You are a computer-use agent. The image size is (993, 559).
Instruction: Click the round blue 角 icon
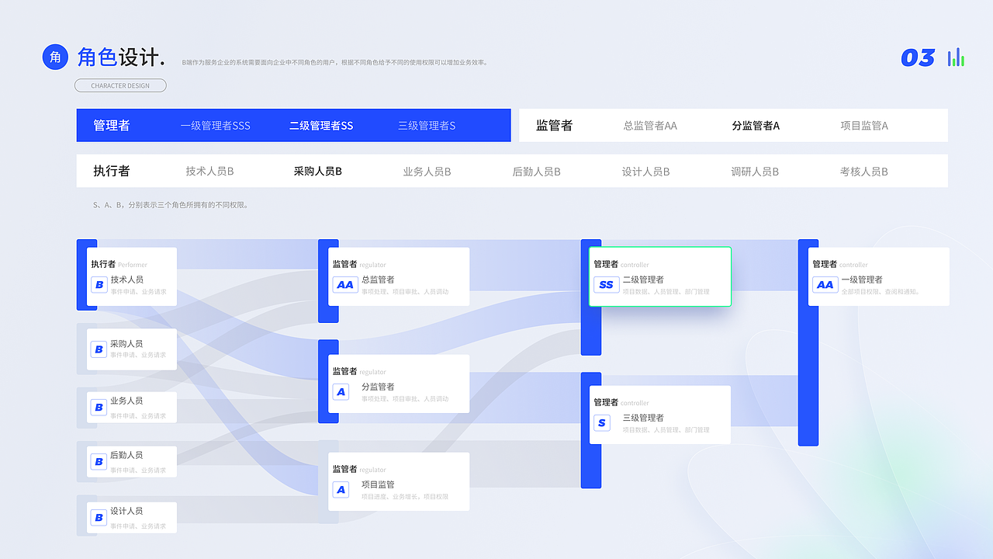point(55,57)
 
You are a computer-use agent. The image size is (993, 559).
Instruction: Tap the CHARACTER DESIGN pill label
point(120,85)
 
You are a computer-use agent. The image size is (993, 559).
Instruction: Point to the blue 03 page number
point(918,58)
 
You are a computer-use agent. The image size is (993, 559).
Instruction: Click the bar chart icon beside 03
point(956,57)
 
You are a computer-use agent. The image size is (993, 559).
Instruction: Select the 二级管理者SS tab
point(321,126)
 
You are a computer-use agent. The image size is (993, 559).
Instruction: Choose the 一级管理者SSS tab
point(215,126)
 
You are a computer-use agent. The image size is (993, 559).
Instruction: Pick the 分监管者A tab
point(756,126)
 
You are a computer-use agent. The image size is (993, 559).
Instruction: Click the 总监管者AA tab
point(650,126)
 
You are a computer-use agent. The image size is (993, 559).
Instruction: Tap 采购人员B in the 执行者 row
point(317,172)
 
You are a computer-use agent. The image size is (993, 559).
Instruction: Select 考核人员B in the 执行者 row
point(863,172)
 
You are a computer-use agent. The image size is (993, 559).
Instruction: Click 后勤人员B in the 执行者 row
point(536,172)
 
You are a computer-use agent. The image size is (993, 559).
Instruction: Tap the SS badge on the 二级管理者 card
point(606,285)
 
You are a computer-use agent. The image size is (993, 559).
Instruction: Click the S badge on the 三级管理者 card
point(603,423)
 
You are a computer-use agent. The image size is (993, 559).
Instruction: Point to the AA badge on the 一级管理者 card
point(825,285)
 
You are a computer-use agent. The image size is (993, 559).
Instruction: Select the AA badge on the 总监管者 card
point(345,285)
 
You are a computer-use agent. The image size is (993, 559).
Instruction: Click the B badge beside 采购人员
point(99,349)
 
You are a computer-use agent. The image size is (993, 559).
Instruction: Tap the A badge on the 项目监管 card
point(341,490)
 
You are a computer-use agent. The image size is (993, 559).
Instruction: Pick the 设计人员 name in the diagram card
point(126,511)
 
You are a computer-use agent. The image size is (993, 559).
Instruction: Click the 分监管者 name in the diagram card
point(378,387)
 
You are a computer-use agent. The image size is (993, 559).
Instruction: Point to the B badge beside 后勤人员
point(99,462)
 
